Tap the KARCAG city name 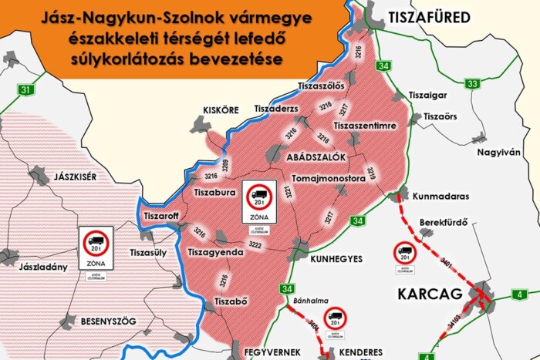click(429, 294)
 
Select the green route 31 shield click(27, 90)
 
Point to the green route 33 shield click(473, 83)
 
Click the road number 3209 click(226, 164)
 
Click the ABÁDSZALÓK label click(316, 157)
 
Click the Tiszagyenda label click(218, 252)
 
